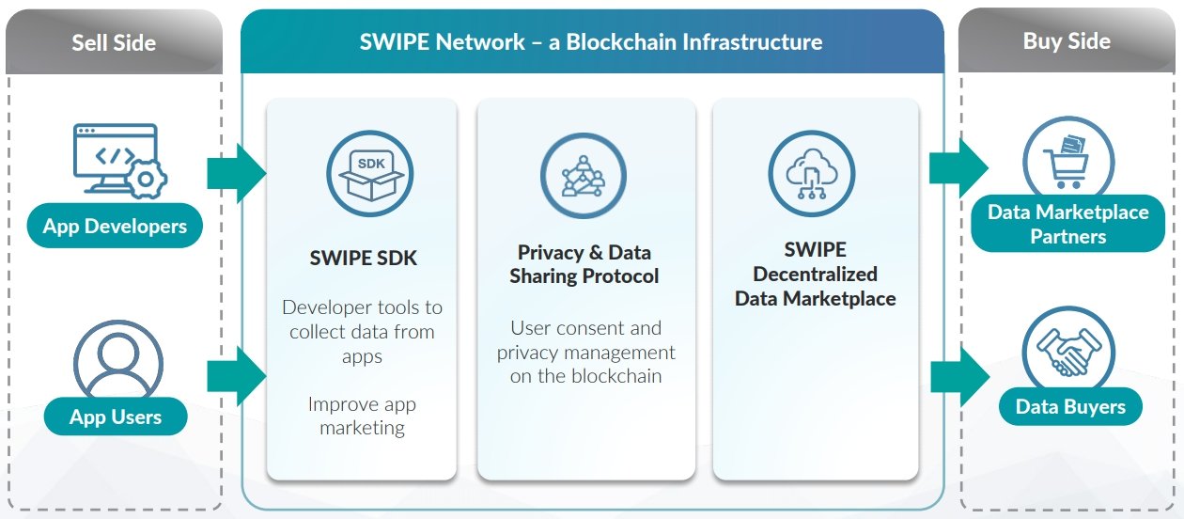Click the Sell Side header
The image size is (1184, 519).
(x=114, y=42)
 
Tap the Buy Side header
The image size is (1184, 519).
(x=1067, y=41)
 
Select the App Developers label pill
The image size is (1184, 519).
(x=115, y=226)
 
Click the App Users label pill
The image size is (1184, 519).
(x=116, y=417)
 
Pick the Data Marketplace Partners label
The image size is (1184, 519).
(x=1067, y=224)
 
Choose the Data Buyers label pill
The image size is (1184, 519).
(x=1070, y=406)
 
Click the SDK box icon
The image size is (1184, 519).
(x=370, y=174)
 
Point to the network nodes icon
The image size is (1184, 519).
(x=584, y=176)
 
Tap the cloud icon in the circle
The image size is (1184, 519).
(x=812, y=174)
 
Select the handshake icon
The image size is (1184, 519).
(x=1068, y=352)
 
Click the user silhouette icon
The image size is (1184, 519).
(x=117, y=361)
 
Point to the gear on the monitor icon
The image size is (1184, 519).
(x=146, y=180)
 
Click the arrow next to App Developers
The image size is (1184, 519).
(x=236, y=173)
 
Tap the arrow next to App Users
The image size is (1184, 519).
(x=236, y=376)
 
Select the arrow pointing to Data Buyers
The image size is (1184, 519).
(x=960, y=377)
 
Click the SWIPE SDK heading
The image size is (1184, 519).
(x=363, y=259)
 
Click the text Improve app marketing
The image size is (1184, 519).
(x=362, y=416)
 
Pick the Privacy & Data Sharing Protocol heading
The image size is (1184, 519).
(x=584, y=264)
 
